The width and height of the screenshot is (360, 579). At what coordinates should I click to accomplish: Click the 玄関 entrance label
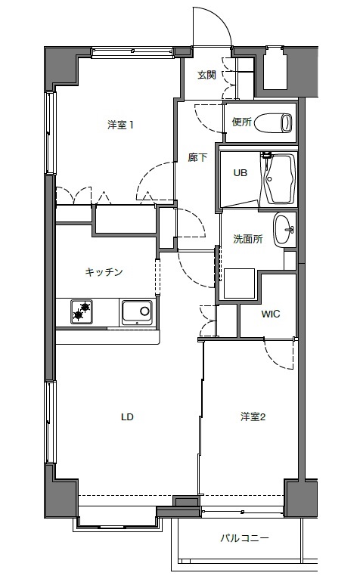pos(206,75)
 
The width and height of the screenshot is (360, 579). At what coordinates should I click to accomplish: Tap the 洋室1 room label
pos(121,125)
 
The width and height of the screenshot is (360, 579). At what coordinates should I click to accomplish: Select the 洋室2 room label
pos(253,417)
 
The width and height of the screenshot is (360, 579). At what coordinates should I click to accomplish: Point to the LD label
pos(127,417)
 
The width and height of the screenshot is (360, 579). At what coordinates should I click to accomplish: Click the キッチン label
pos(104,272)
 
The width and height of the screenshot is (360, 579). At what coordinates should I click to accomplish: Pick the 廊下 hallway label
pos(197,158)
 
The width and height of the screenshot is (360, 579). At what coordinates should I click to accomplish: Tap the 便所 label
pos(242,122)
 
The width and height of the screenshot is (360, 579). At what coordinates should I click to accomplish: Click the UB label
pos(241,172)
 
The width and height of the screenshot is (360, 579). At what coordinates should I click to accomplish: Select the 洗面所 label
pos(247,239)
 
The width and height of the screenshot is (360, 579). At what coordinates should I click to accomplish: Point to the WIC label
pos(271,314)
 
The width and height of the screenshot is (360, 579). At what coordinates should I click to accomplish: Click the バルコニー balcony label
pos(245,538)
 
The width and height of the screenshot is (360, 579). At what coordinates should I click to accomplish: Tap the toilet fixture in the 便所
pos(274,123)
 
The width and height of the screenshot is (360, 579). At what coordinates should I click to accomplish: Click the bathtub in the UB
pos(278,179)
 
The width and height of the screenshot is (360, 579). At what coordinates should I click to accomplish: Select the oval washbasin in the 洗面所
pos(284,229)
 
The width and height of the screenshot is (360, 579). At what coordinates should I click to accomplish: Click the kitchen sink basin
pos(137,312)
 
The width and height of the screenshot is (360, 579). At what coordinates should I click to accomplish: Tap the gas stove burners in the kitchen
pos(82,311)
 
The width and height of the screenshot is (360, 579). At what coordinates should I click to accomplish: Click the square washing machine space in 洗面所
pos(239,283)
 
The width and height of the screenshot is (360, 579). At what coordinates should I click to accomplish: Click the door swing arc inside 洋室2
pos(278,354)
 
